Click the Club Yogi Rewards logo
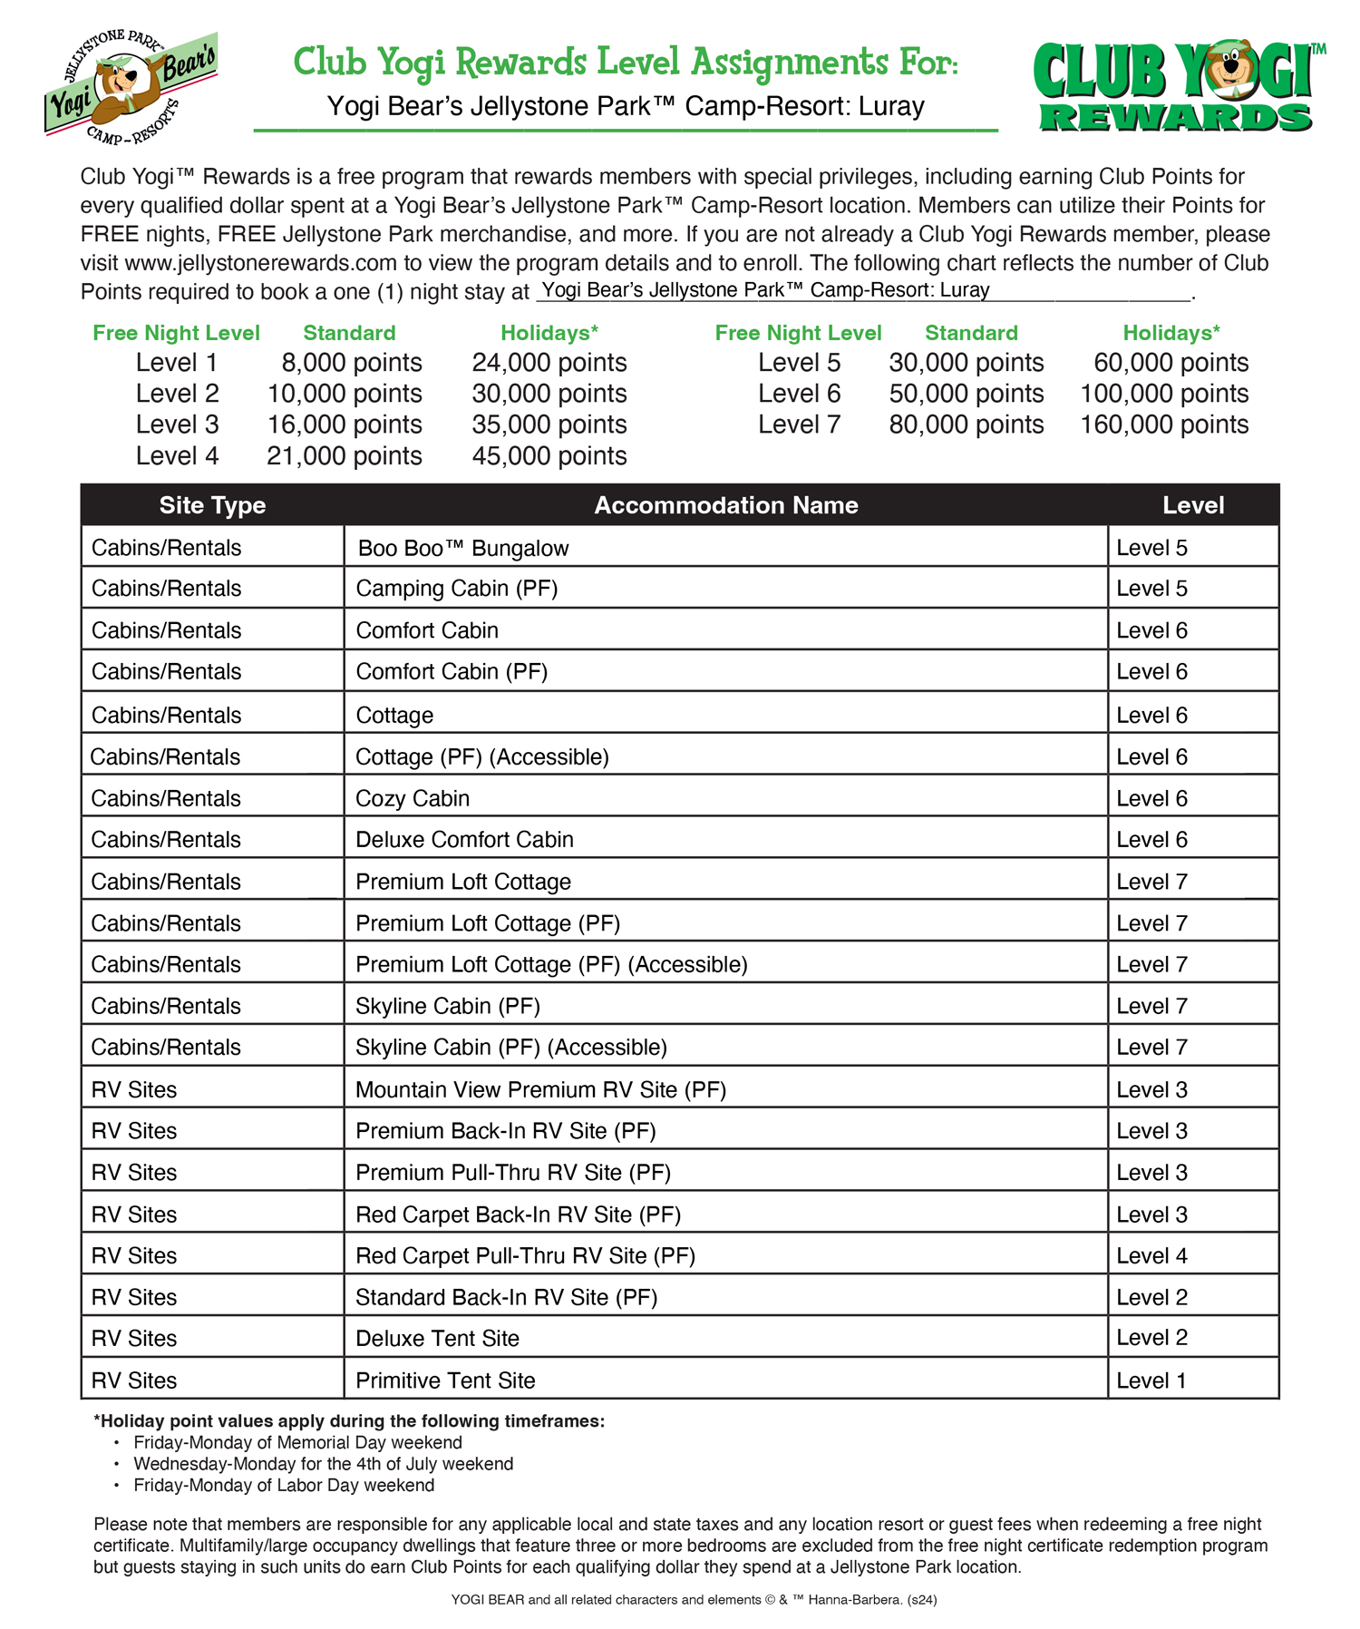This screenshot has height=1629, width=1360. tap(1175, 87)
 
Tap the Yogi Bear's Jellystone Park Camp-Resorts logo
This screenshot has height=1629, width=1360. tap(131, 87)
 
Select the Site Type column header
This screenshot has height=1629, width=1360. tap(212, 505)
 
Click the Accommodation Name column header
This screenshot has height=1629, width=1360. tap(725, 505)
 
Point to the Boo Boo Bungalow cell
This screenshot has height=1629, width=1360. tap(463, 548)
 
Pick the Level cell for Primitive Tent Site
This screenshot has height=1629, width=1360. tap(1151, 1380)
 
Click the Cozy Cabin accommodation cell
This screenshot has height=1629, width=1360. tap(413, 798)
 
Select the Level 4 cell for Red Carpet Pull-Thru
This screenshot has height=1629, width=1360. tap(1151, 1256)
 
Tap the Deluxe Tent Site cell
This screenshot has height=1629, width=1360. tap(437, 1339)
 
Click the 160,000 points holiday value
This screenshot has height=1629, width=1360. tap(1164, 424)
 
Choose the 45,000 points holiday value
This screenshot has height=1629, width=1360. tap(549, 455)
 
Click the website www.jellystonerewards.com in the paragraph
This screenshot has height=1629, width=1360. tap(261, 263)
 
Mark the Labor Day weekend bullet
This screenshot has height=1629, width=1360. tap(284, 1485)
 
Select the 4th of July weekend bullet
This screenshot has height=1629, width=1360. tap(323, 1463)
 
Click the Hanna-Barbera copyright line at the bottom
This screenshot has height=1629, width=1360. tap(694, 1600)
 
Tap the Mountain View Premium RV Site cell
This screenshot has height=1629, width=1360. tap(540, 1090)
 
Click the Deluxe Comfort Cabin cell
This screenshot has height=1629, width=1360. tap(464, 840)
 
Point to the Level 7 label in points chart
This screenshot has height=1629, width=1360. tap(799, 424)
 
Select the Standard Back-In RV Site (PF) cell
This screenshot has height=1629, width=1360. tap(506, 1297)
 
